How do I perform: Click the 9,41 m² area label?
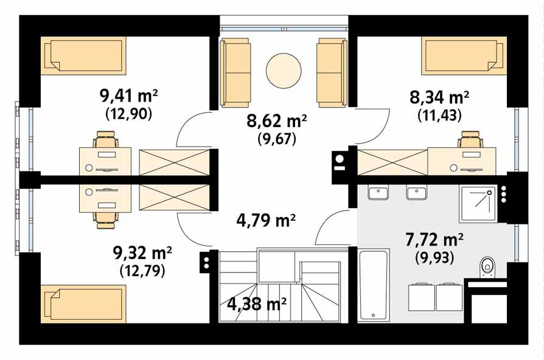pos(128,95)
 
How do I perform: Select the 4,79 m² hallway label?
pos(265,220)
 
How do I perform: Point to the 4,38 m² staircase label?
pos(257,302)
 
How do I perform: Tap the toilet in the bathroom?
pos(487,266)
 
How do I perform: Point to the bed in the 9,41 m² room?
pos(83,56)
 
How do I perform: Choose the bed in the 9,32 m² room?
pos(83,305)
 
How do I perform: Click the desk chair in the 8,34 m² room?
pos(470,142)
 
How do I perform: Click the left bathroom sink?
pos(378,193)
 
